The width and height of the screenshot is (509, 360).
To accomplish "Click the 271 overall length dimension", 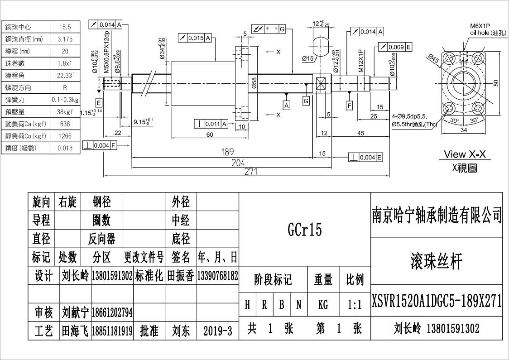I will (250, 172).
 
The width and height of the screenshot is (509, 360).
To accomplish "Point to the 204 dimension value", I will (239, 163).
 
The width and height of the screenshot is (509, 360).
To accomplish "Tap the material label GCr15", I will (304, 230).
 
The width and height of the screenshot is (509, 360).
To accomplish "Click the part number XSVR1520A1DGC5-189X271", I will (437, 301).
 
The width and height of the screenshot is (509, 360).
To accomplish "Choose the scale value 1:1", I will (355, 305).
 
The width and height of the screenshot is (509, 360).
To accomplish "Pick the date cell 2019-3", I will (218, 331).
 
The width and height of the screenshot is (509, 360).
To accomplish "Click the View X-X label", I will (464, 154).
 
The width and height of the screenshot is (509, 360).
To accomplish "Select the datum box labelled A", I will (287, 105).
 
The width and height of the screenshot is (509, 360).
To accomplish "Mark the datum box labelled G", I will (306, 101).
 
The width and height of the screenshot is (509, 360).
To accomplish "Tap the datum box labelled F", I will (349, 106).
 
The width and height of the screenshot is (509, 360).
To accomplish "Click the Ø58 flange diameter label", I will (254, 83).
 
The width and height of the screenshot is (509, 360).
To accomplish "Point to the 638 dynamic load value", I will (65, 124).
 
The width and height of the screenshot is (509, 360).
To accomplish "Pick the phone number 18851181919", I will (112, 331).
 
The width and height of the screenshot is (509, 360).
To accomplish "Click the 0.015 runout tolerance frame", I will (196, 38).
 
